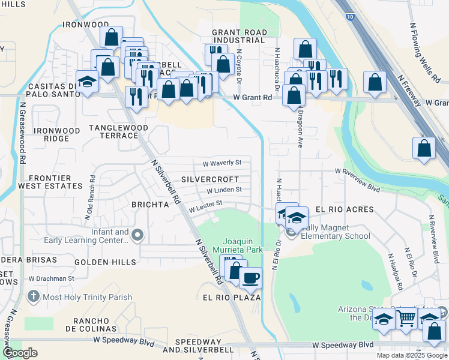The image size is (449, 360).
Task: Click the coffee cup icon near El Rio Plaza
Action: [x=250, y=278]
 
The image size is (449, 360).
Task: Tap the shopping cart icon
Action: [x=406, y=318]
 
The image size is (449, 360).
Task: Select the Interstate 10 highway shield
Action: [x=349, y=17]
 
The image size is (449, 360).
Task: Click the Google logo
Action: [x=20, y=353]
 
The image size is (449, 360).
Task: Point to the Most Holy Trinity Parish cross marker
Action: [x=34, y=296]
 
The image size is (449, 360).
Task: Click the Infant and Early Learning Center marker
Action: [x=138, y=235]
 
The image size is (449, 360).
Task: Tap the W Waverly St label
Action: [x=221, y=163]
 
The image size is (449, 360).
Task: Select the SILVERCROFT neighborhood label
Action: [x=210, y=179]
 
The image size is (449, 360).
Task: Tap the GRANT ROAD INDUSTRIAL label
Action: [x=238, y=35]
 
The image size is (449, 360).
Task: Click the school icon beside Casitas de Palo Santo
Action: [x=87, y=82]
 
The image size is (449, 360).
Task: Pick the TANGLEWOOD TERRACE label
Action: [x=114, y=131]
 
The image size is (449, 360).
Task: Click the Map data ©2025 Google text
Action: [x=412, y=355]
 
